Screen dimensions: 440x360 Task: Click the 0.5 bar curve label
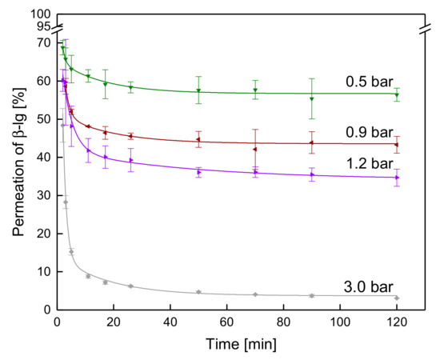pos(370,82)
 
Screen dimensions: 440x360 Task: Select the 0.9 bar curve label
pos(370,132)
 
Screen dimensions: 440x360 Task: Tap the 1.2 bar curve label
pos(370,163)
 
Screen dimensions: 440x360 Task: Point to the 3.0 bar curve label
pos(369,287)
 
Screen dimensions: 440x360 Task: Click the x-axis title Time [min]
pos(241,344)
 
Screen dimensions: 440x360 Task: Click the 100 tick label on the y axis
pos(41,14)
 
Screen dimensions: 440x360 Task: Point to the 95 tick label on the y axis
pos(44,26)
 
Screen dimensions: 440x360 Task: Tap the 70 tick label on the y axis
pos(44,43)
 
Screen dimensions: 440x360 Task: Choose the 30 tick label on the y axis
pos(44,195)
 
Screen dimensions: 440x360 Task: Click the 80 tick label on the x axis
pos(283,322)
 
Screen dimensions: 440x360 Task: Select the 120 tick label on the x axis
pos(396,322)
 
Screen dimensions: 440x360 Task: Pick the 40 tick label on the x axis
pos(170,322)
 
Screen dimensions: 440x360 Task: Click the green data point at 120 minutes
pos(397,95)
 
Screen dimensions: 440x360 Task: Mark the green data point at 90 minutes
pos(312,98)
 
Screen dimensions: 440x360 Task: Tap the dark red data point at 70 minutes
pos(254,150)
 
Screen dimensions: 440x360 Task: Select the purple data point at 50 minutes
pos(199,172)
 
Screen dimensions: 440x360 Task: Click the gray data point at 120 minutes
pos(397,298)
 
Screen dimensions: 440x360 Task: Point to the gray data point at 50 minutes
pos(198,292)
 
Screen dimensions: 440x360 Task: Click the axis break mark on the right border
pos(425,29)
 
